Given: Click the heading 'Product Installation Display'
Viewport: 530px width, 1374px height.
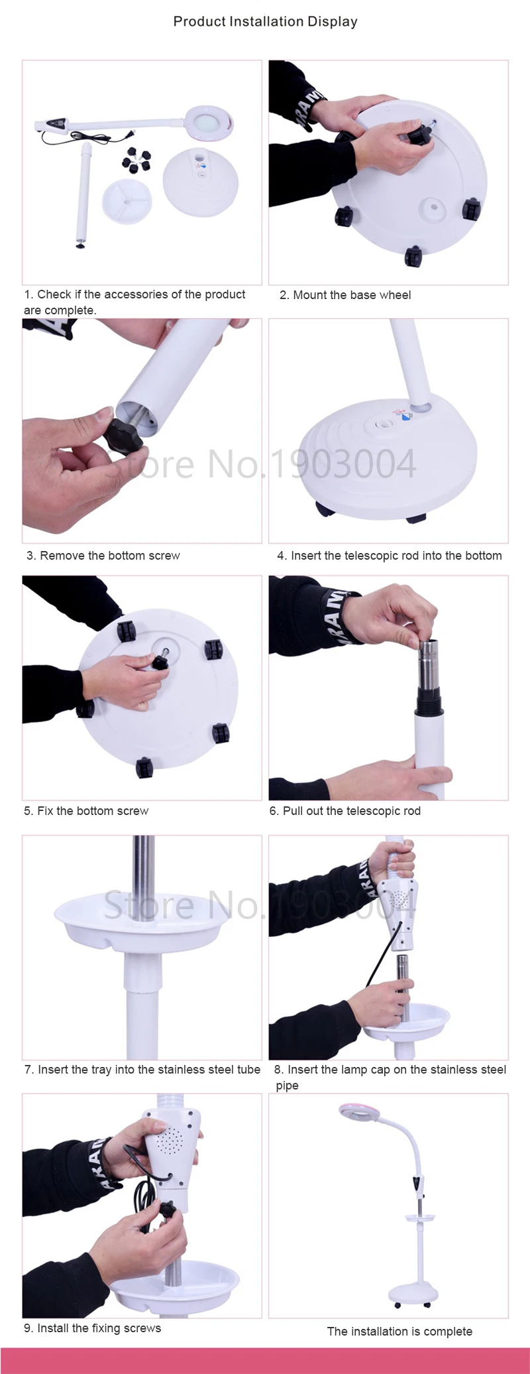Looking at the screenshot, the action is point(265,21).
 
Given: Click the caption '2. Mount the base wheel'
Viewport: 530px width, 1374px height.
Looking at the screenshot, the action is point(345,295).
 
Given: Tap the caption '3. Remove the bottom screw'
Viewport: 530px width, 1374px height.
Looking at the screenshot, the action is point(103,556).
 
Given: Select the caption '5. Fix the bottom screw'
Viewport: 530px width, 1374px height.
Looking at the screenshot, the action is point(86,811).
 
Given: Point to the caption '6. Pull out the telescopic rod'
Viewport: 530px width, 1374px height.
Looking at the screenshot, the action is point(345,811).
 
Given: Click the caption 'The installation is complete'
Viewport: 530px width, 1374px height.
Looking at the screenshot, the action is point(399,1332).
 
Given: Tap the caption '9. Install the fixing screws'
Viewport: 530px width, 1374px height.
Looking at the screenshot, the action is point(93,1328).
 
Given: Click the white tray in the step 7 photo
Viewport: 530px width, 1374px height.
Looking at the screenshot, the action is point(144,920).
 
